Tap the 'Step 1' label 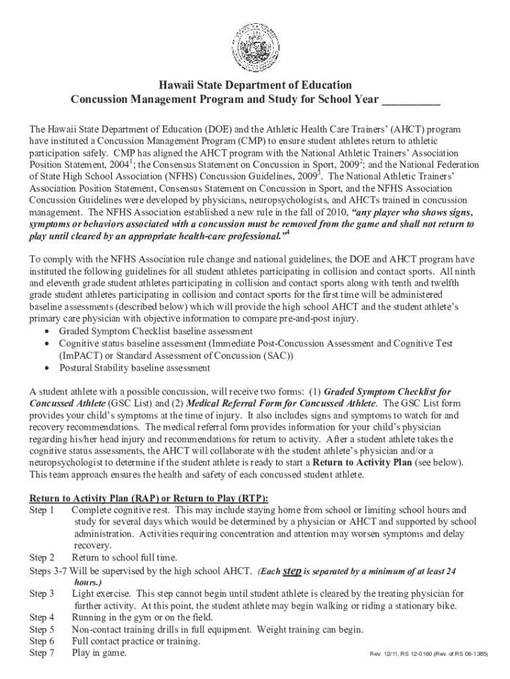point(42,511)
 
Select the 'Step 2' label point(42,558)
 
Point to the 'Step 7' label point(42,654)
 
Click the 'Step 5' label point(42,630)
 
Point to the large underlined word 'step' point(292,571)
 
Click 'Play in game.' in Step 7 point(99,654)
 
